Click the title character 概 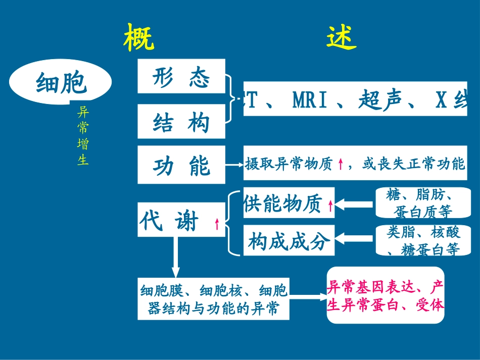(x=139, y=37)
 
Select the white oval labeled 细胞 (x=61, y=83)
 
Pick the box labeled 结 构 (x=181, y=122)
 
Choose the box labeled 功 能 (x=181, y=165)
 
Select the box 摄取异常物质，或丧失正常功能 (x=355, y=164)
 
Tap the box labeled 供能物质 (x=289, y=203)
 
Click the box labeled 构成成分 (x=289, y=241)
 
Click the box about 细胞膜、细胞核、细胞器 (x=214, y=298)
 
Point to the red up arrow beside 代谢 (x=217, y=224)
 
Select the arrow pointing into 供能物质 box (x=356, y=204)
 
